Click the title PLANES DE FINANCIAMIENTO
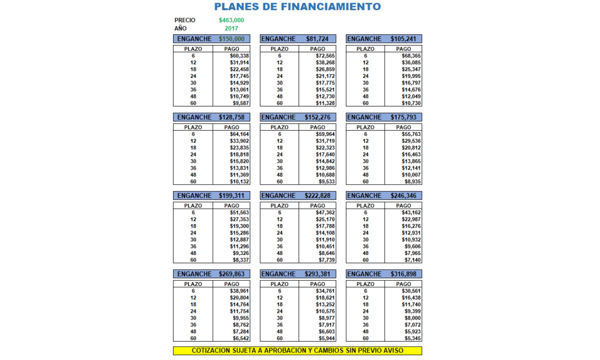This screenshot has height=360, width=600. click(x=297, y=7)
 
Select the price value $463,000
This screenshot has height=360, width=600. click(x=231, y=20)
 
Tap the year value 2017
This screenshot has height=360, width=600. click(x=231, y=28)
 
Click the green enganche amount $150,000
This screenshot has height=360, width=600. click(x=232, y=39)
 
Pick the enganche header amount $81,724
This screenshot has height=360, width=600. click(x=318, y=39)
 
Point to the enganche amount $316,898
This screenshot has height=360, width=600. click(x=404, y=274)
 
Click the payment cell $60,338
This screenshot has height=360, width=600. click(x=239, y=56)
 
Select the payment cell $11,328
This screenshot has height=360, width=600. click(x=325, y=103)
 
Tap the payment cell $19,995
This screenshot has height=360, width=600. click(x=411, y=76)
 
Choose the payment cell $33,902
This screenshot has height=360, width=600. click(x=239, y=141)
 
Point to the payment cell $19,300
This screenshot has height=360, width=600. click(x=239, y=226)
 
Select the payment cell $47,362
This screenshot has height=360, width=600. click(x=325, y=212)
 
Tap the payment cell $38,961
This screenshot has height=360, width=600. click(x=239, y=291)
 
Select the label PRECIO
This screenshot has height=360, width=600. click(x=185, y=20)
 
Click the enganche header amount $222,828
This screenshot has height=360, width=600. click(x=318, y=195)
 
